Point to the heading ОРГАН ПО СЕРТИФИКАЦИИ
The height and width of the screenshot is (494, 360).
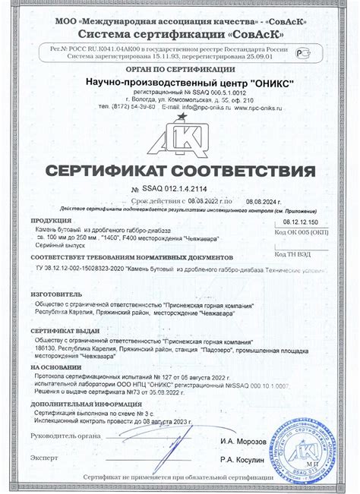pos(179,69)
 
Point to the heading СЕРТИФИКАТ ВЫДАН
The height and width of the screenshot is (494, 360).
pos(65,332)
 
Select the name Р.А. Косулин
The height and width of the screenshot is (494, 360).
pos(242,459)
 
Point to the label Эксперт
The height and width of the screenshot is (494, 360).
pos(44,458)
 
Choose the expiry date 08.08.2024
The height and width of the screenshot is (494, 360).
pos(266,196)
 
